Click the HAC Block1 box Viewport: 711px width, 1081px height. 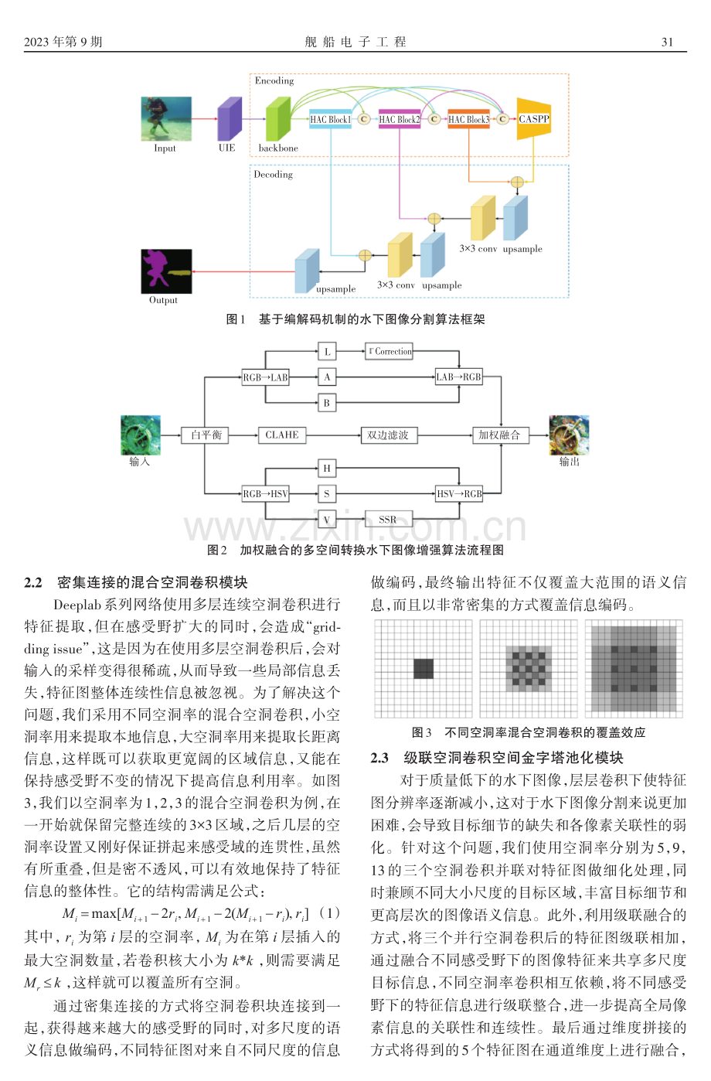point(331,119)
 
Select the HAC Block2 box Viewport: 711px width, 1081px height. point(400,119)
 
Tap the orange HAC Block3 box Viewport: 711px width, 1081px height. point(468,119)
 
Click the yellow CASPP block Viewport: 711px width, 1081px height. point(533,119)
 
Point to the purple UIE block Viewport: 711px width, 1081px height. point(230,119)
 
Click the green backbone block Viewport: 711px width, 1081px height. point(278,119)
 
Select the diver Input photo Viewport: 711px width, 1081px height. point(166,119)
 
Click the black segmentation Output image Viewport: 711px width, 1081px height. point(166,271)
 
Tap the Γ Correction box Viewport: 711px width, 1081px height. point(389,351)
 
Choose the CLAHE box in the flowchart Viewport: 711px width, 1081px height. point(282,435)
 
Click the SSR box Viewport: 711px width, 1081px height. point(388,520)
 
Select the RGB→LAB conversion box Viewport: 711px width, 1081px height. point(265,377)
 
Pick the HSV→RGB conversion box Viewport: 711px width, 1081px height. point(459,493)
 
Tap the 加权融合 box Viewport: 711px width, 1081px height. point(500,435)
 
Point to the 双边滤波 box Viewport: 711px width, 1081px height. point(389,435)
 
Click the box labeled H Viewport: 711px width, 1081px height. point(327,468)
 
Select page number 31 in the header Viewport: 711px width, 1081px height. point(667,42)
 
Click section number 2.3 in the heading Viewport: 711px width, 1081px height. point(379,758)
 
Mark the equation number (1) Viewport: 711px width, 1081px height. point(329,913)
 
